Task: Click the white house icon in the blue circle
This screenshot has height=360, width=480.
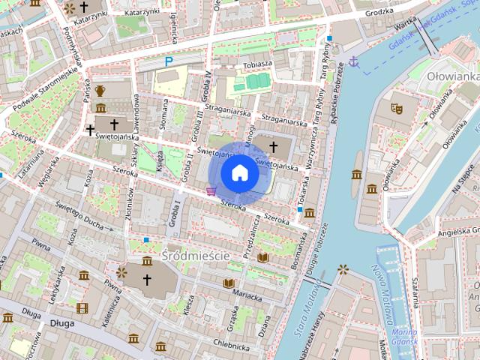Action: click(239, 173)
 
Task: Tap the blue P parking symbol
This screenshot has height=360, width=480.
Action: click(169, 61)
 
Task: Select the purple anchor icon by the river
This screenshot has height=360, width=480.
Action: click(355, 63)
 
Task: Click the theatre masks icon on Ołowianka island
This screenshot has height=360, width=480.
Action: click(397, 108)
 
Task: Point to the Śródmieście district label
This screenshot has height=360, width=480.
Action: click(196, 256)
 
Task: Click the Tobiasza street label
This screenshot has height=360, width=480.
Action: click(257, 64)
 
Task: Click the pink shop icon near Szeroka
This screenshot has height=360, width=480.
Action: click(212, 191)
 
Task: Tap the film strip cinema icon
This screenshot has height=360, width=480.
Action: click(82, 308)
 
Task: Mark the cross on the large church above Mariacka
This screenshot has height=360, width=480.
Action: click(147, 280)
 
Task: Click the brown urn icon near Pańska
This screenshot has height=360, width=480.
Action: click(100, 91)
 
